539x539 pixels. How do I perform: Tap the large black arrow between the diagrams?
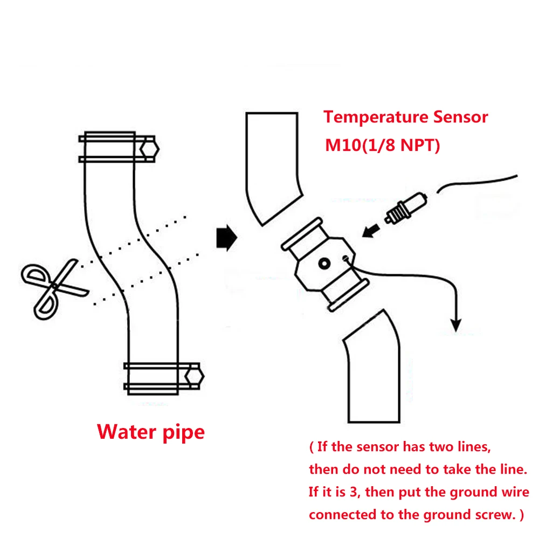click(226, 238)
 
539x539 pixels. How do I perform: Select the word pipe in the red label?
click(184, 433)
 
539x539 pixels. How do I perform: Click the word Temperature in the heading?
click(376, 118)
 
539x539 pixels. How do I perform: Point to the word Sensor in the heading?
click(461, 117)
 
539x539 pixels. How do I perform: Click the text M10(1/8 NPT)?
click(382, 146)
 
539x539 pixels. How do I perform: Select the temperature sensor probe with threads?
click(406, 208)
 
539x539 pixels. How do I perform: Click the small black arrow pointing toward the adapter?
click(371, 231)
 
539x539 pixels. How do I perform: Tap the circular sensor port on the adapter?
click(324, 264)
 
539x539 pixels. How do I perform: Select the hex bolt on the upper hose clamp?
click(149, 149)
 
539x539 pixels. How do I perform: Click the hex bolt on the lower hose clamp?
click(194, 376)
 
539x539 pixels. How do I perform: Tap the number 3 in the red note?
click(354, 492)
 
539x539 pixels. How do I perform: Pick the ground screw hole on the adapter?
click(345, 259)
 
